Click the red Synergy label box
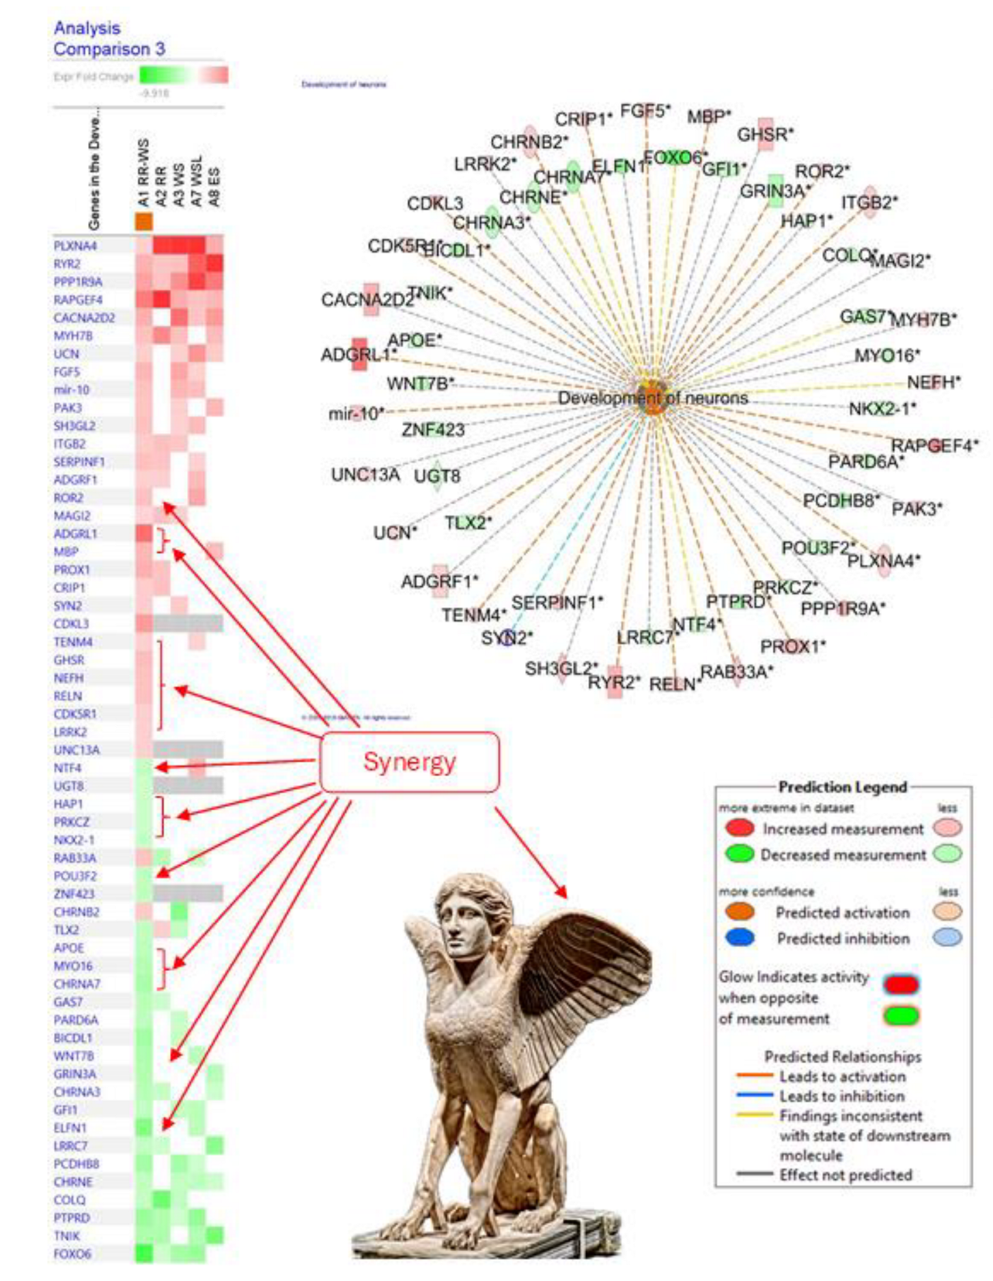pos(409,762)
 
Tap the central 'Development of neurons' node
pos(653,398)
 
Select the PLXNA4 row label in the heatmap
pos(75,245)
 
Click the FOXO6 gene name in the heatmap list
pos(72,1254)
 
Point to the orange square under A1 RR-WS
pos(143,221)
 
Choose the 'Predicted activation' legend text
pos(842,913)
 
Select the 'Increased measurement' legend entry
pos(843,829)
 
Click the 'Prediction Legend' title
pos(843,787)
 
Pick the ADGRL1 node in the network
pos(359,354)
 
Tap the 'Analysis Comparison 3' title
pos(109,38)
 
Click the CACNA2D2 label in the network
pos(367,300)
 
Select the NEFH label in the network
pos(934,382)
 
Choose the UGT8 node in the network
pos(437,476)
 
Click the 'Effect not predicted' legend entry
pos(845,1175)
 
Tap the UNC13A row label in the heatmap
pos(76,749)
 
